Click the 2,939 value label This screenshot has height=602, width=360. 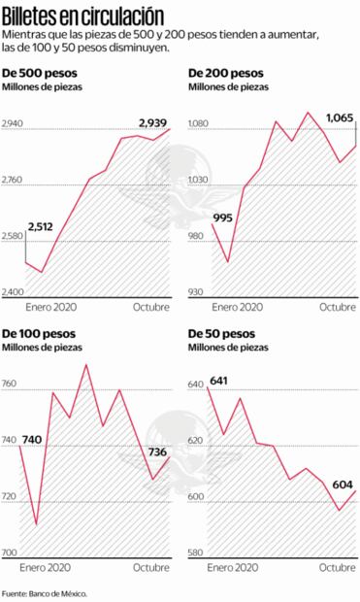[x=150, y=122]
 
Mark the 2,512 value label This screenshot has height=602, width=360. [x=41, y=226]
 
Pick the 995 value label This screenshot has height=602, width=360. [x=222, y=217]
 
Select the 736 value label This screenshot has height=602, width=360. [x=158, y=451]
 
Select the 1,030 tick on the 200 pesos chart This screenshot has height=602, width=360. [x=198, y=181]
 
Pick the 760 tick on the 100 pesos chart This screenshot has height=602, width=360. [x=10, y=385]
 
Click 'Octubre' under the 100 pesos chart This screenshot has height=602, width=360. [x=151, y=567]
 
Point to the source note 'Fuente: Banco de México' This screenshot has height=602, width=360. [x=45, y=592]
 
